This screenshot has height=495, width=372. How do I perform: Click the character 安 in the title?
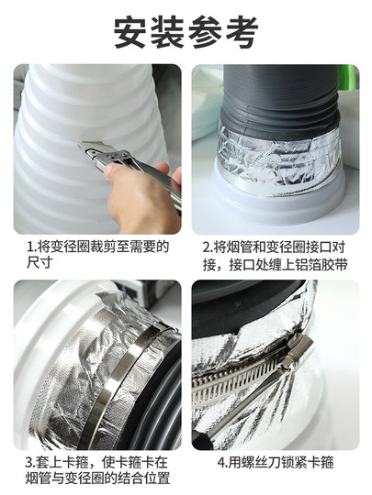(x=131, y=32)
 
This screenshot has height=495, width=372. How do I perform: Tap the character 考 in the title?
(x=241, y=32)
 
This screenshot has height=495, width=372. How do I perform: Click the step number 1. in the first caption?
(x=32, y=247)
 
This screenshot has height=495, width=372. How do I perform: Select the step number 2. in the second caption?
(x=209, y=247)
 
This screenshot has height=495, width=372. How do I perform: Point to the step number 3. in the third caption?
(x=31, y=463)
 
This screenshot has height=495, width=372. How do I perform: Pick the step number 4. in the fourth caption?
(x=222, y=463)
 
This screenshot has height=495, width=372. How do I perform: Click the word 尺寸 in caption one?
(x=39, y=262)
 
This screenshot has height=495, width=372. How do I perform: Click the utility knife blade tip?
(x=79, y=145)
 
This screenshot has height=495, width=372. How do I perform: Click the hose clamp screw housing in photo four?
(x=298, y=350)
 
